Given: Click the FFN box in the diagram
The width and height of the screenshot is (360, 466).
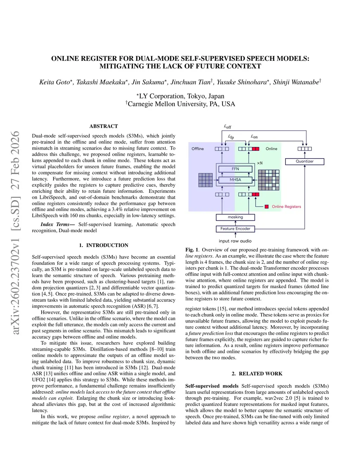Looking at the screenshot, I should pos(235,169).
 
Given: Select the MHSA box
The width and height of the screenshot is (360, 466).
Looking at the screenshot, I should pos(235,180).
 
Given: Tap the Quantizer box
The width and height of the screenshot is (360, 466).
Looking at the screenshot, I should pos(304,161).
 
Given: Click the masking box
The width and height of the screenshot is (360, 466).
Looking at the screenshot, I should pos(235,217).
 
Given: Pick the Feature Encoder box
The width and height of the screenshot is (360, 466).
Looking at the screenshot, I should pos(235,229).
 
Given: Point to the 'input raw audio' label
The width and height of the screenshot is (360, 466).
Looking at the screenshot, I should pos(235,241).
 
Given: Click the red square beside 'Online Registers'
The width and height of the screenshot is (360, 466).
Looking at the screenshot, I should pos(267,207).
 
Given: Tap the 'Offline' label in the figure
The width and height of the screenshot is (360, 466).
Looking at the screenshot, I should pos(198,149).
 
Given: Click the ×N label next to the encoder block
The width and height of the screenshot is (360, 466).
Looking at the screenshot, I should pos(259,163).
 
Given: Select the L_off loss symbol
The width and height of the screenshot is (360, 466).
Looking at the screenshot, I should pos(227,127).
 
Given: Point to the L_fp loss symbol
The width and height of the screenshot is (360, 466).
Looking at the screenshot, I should pos(231,136).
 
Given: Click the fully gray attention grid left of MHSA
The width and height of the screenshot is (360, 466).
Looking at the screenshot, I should pos(206,180).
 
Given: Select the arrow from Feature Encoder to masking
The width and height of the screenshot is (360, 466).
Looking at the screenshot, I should pos(235,223).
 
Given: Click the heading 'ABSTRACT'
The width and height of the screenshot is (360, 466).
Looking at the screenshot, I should pos(104,126).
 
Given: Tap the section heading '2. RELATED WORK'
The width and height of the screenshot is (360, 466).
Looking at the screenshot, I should pos(257,374).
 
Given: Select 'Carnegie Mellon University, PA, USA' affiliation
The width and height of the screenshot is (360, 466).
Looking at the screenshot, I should pos(181,104).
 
